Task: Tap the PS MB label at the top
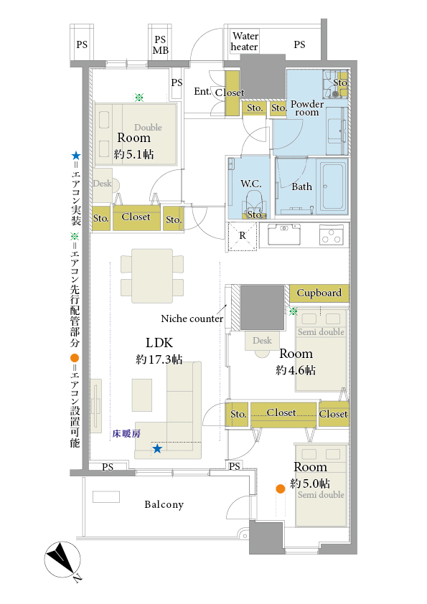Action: (x=160, y=45)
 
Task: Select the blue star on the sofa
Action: (x=157, y=448)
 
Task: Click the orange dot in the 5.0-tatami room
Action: (x=281, y=489)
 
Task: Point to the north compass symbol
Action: (x=62, y=560)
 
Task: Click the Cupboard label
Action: (x=319, y=293)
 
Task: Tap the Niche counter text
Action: (x=192, y=318)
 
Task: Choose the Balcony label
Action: (x=164, y=504)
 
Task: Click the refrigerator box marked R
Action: (x=243, y=236)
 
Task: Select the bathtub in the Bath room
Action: (x=334, y=187)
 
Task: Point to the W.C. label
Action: (x=251, y=184)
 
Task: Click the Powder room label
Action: (x=306, y=108)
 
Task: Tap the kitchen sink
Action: (x=284, y=233)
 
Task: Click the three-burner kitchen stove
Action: (x=332, y=235)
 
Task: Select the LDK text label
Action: (x=159, y=342)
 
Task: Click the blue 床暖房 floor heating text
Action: (x=126, y=434)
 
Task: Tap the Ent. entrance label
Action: (x=202, y=91)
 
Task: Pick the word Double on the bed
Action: (x=148, y=128)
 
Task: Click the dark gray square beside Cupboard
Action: (x=262, y=308)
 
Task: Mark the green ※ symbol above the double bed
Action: (x=139, y=98)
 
